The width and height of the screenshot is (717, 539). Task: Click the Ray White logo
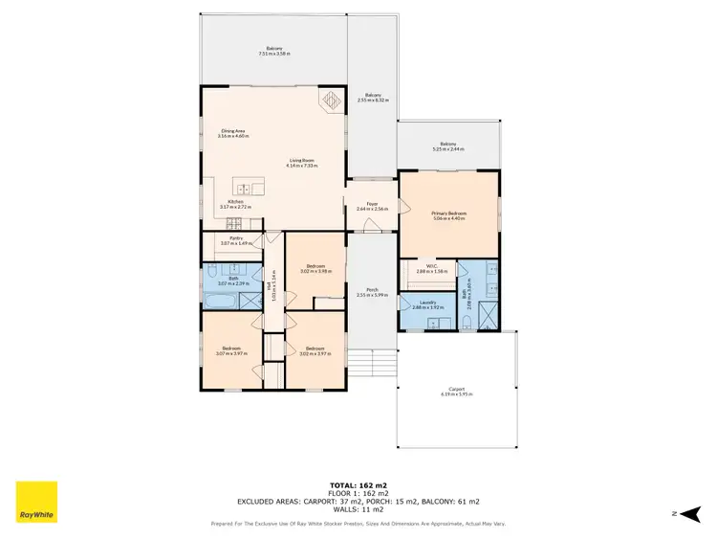pos(36,502)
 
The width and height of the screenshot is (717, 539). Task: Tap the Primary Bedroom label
pos(447,213)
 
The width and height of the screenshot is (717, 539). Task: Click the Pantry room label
pos(233,240)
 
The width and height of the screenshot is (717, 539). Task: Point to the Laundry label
pos(427,303)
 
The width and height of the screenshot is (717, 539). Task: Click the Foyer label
pos(368,204)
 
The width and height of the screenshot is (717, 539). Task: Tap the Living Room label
pos(300,161)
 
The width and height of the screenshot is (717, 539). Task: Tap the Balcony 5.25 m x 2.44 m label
pos(448,144)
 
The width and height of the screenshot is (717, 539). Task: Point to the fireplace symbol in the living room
pos(330,100)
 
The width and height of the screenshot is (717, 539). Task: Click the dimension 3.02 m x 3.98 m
pos(315,271)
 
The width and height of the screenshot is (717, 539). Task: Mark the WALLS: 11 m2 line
pos(358,508)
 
